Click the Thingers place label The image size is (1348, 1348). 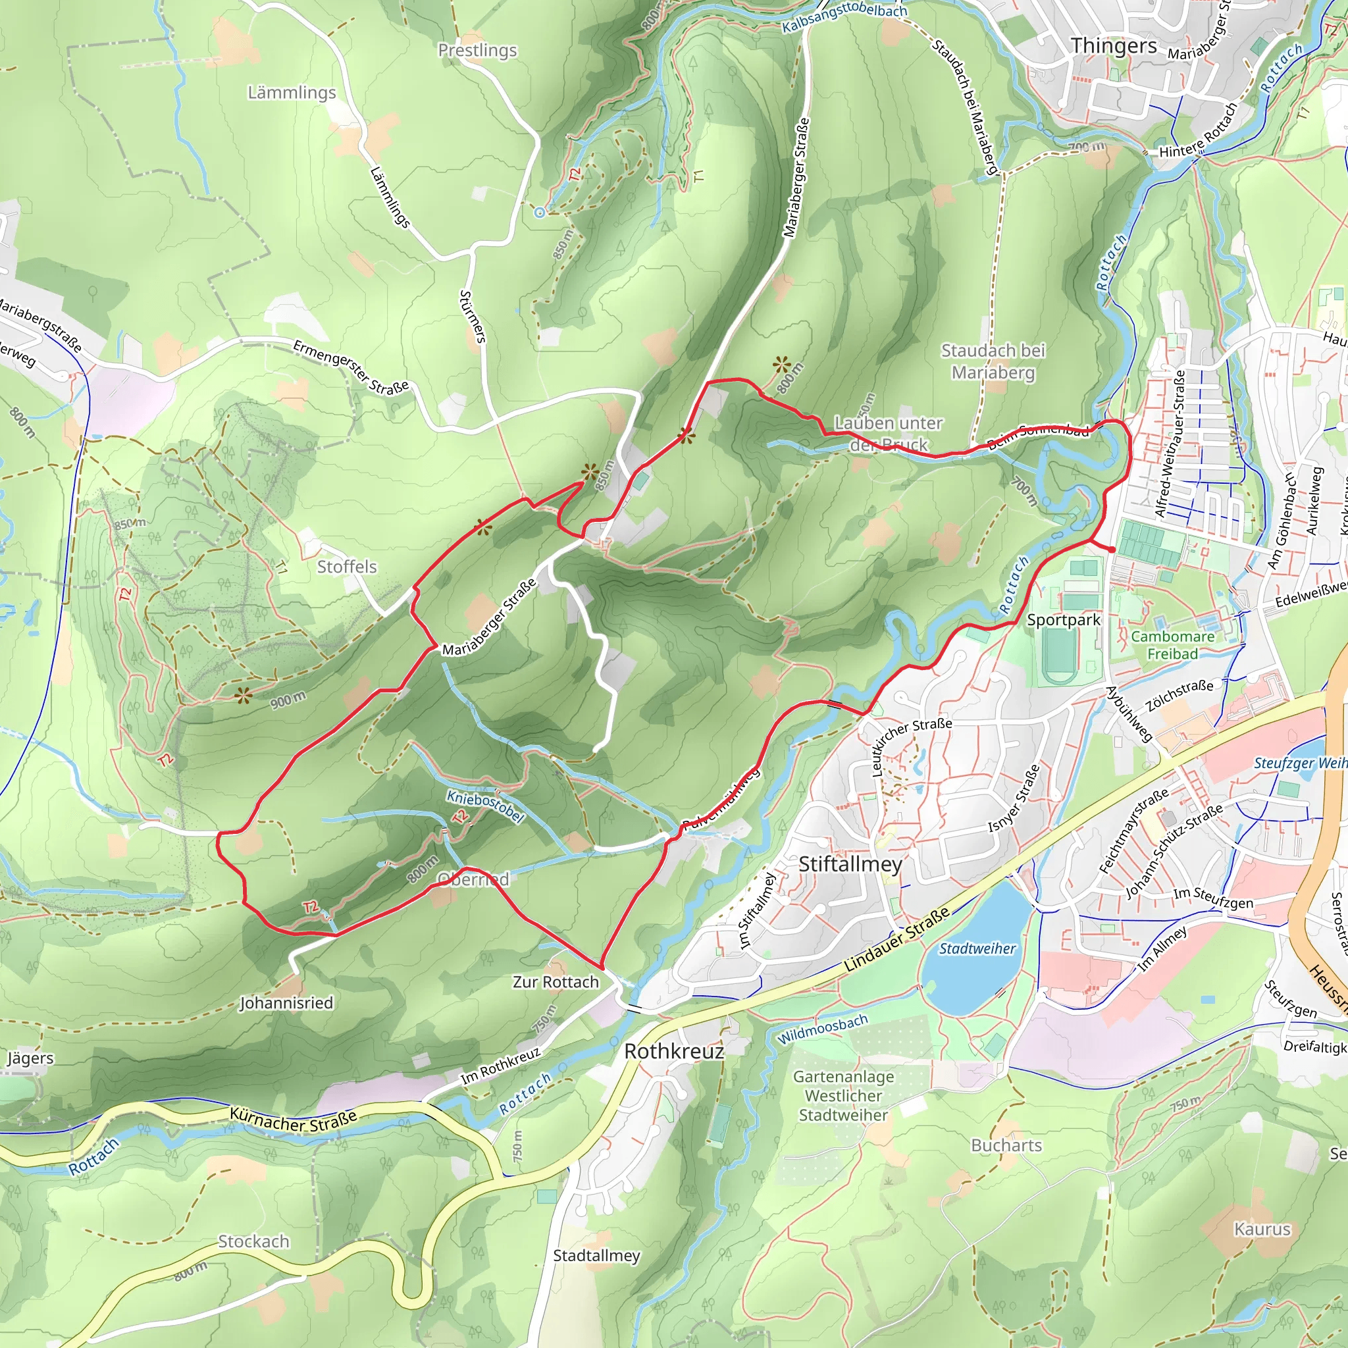pos(1114,46)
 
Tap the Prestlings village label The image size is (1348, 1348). pos(477,50)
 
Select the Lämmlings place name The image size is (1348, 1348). pos(292,93)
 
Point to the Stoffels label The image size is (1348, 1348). pos(347,567)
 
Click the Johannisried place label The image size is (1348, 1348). pos(286,1002)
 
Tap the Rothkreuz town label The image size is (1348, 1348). pos(674,1051)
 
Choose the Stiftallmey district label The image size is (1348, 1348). pos(850,864)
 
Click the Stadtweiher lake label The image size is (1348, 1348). pos(977,949)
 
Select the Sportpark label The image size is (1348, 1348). pos(1064,620)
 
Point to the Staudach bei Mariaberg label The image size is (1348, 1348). pos(993,361)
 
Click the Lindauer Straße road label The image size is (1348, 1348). pos(896,940)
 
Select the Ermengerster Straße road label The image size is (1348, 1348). pos(350,367)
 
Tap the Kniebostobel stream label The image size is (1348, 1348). pos(485,806)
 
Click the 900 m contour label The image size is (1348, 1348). pos(288,700)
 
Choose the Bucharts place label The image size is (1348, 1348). pos(1006,1146)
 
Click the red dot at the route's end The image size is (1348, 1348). pos(1112,550)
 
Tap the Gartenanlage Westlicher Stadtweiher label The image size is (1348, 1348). pos(843,1096)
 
